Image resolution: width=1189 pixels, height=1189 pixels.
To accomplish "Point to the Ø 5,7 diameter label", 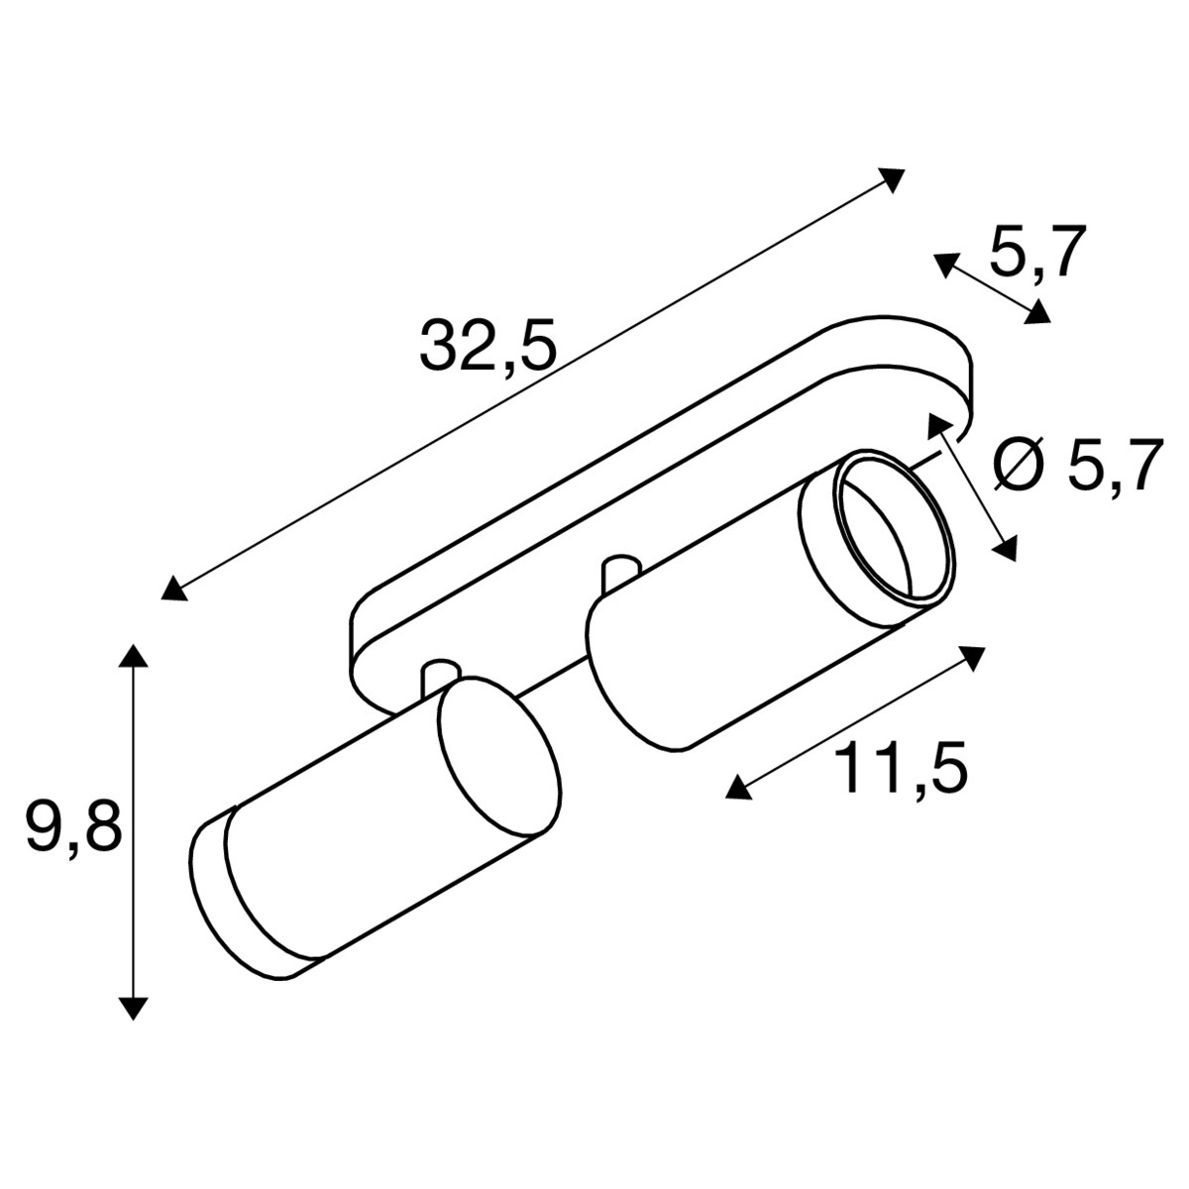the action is point(1079,465).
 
